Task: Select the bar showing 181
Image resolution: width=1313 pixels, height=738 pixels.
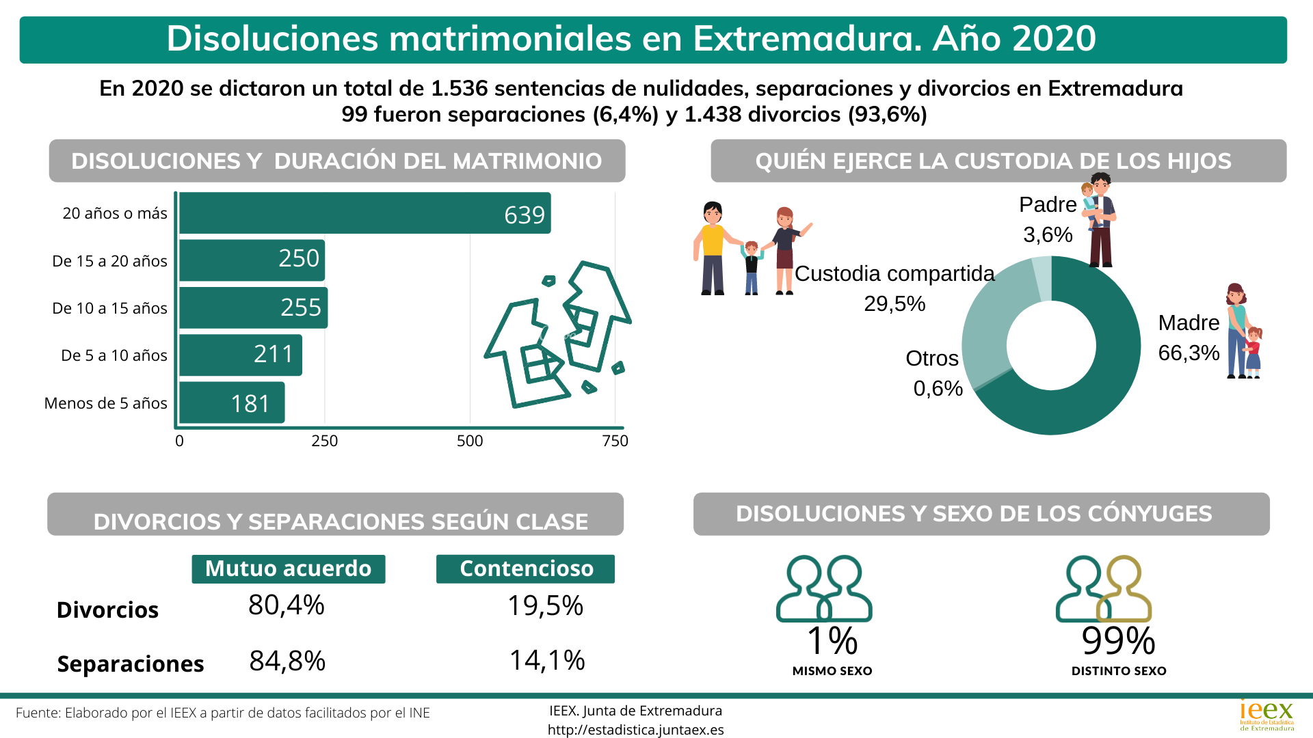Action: tap(232, 403)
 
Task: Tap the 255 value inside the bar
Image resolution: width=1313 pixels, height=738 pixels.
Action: tap(301, 307)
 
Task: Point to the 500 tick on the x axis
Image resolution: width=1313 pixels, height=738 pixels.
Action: tap(470, 441)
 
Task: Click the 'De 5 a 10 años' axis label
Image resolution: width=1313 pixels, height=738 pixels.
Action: tap(114, 355)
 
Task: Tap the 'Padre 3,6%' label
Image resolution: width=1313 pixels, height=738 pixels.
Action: tap(1048, 219)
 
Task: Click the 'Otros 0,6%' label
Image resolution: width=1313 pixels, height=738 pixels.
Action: tap(934, 373)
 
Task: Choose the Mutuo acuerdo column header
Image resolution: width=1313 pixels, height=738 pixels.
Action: tap(288, 569)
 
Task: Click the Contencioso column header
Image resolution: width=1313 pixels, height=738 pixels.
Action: tap(526, 569)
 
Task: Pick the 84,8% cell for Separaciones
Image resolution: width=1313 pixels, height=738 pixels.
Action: tap(287, 661)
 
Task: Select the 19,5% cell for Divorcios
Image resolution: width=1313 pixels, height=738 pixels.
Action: tap(545, 605)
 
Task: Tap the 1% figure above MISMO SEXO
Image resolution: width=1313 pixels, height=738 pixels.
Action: tap(832, 641)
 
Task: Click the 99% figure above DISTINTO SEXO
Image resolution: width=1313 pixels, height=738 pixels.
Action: tap(1118, 641)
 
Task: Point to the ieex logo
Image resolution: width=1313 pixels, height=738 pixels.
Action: tap(1266, 715)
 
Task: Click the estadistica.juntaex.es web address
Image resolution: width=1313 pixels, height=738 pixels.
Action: tap(635, 730)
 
